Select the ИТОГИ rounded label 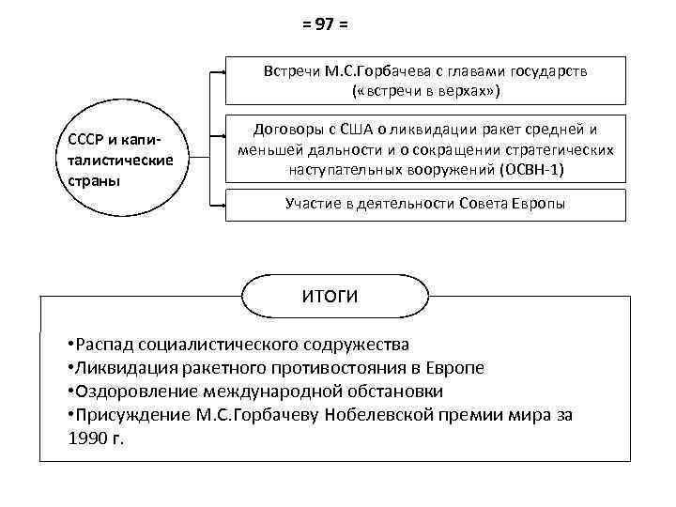point(329,297)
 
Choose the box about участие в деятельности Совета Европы point(425,204)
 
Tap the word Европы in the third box point(540,204)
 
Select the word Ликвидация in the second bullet point(122,367)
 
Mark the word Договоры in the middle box point(284,131)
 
